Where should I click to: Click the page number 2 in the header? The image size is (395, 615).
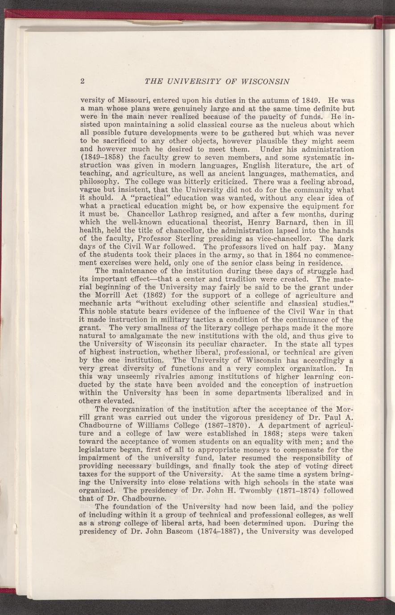82,82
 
